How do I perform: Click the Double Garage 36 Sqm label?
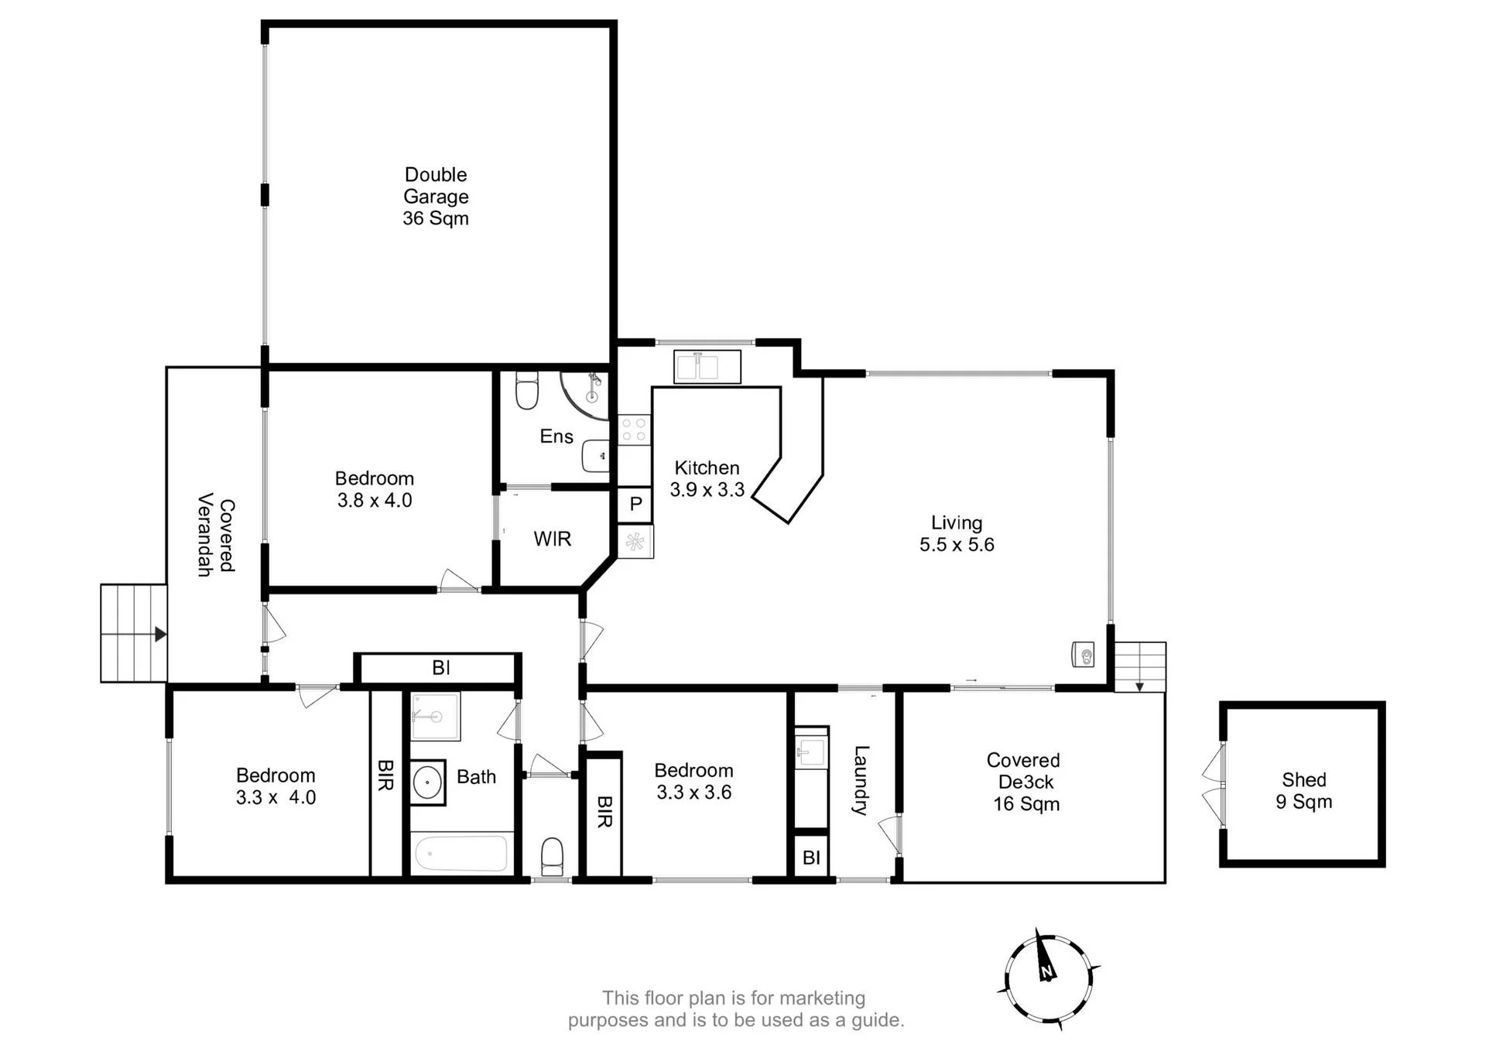(x=436, y=197)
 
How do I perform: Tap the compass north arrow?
(x=1046, y=958)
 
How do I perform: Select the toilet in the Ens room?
(x=526, y=391)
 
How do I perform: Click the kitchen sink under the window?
(x=707, y=366)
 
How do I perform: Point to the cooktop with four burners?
(x=635, y=430)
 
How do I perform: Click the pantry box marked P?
(x=635, y=505)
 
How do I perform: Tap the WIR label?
(x=553, y=539)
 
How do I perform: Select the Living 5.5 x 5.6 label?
(x=957, y=533)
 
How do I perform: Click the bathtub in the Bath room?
(x=461, y=853)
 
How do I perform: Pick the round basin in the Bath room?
(x=427, y=782)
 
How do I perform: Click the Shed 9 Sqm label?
(x=1304, y=790)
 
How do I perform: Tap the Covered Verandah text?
(x=216, y=535)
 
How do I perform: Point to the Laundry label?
(x=861, y=780)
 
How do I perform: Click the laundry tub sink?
(x=812, y=748)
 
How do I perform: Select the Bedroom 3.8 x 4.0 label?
(x=375, y=489)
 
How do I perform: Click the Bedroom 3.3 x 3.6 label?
(x=693, y=781)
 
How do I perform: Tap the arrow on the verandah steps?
(x=160, y=635)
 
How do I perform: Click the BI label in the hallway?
(x=441, y=667)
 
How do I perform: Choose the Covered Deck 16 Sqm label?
(x=1025, y=782)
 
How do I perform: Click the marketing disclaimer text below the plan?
(x=735, y=1009)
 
